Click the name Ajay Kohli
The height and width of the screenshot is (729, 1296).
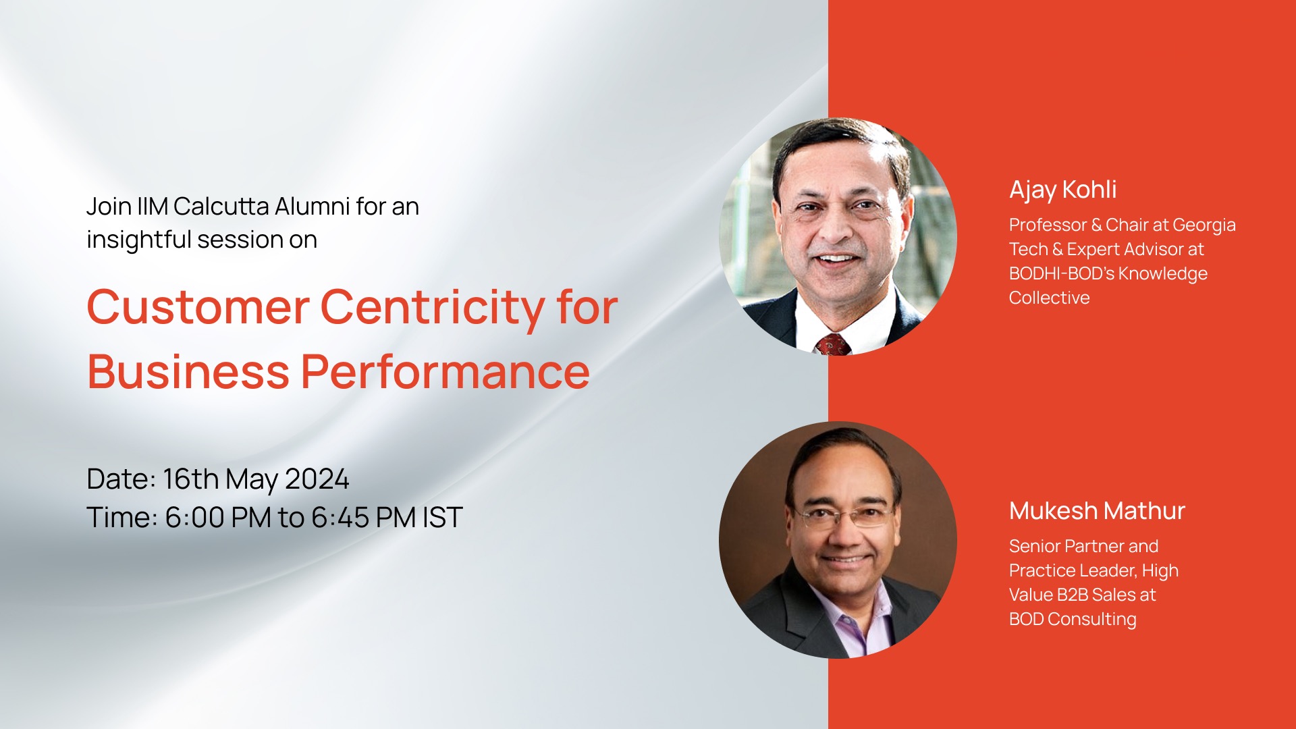pyautogui.click(x=1062, y=190)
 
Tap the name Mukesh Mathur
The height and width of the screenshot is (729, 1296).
pyautogui.click(x=1097, y=511)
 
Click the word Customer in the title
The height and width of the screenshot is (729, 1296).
pyautogui.click(x=198, y=307)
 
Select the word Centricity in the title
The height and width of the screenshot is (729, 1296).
pyautogui.click(x=433, y=308)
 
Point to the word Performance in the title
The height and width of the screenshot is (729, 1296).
pyautogui.click(x=446, y=372)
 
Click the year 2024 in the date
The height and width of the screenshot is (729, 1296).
pyautogui.click(x=317, y=479)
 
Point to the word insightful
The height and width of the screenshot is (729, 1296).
pyautogui.click(x=139, y=240)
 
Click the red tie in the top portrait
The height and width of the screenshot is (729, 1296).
pyautogui.click(x=833, y=344)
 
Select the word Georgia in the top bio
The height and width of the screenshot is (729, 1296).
pyautogui.click(x=1204, y=225)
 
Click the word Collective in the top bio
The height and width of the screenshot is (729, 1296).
pyautogui.click(x=1049, y=298)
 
